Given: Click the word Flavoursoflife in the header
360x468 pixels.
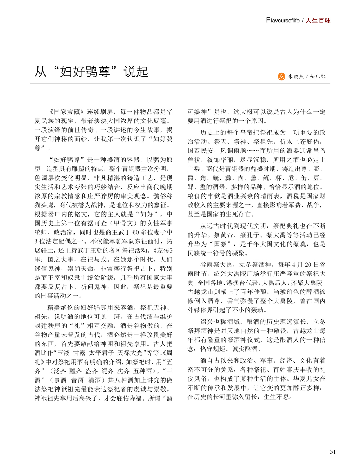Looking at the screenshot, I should click(283, 21).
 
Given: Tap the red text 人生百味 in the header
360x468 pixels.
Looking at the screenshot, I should click(318, 21).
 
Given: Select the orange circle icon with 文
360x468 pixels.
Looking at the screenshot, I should click(282, 76).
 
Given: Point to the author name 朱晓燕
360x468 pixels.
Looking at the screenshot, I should click(296, 76).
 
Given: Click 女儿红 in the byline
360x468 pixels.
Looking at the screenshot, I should click(318, 76).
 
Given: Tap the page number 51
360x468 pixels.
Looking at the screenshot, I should click(333, 452).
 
